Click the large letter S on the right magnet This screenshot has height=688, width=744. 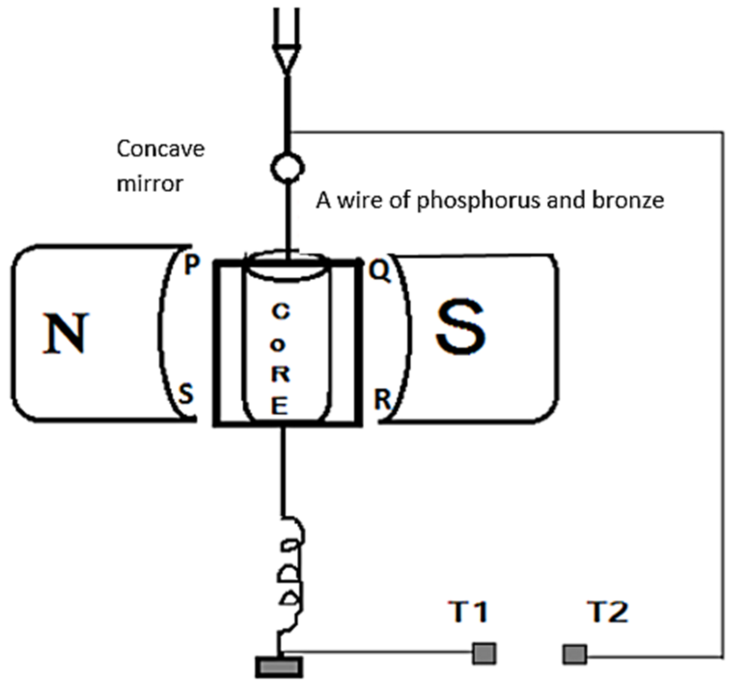tap(460, 328)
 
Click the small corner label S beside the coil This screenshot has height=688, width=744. tap(185, 393)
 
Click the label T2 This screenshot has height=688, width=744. tap(608, 611)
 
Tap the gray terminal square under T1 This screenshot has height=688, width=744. tap(484, 653)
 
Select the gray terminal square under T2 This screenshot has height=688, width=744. tap(574, 654)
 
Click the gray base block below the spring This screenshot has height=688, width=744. tap(280, 668)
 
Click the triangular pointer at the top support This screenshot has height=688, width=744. tap(286, 61)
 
